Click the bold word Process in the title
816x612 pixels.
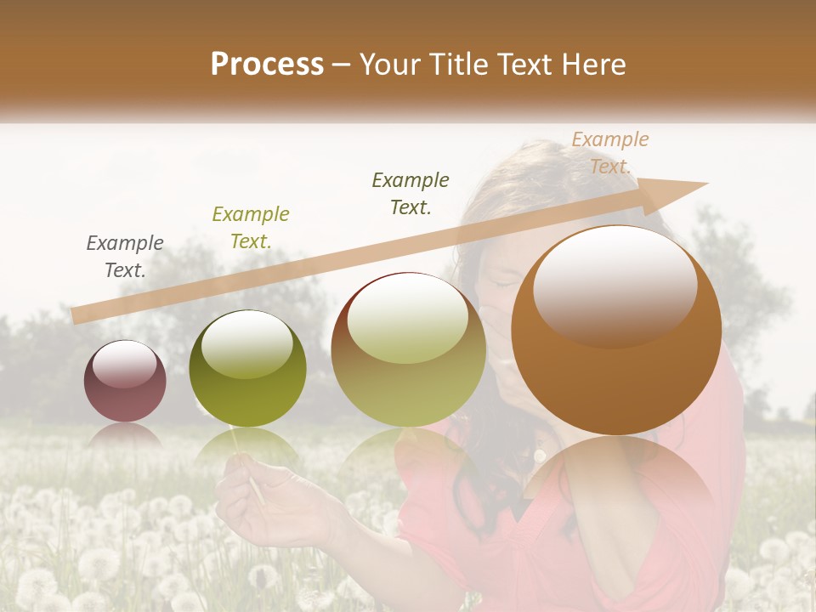click(x=267, y=65)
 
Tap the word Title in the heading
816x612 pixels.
click(x=459, y=65)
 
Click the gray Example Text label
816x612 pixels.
click(x=125, y=257)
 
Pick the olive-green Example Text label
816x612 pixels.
click(x=251, y=228)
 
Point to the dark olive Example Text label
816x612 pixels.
click(x=411, y=194)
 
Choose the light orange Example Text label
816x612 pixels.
click(x=609, y=153)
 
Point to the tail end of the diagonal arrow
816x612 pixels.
click(x=78, y=315)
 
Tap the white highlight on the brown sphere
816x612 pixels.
click(x=615, y=285)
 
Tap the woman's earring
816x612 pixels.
click(x=539, y=456)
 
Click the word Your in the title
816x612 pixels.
click(x=389, y=65)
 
